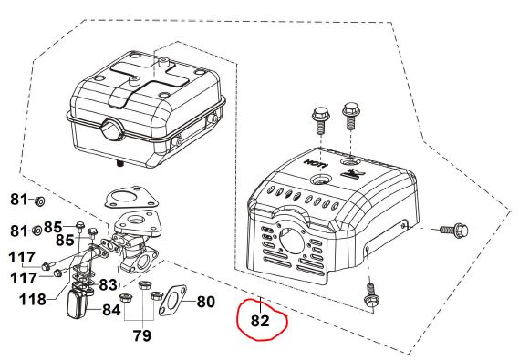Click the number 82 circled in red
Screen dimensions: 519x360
(260, 321)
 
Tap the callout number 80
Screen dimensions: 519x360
(206, 302)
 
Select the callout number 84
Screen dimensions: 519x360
(111, 310)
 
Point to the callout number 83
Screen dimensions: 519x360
(108, 284)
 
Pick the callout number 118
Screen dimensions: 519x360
(33, 300)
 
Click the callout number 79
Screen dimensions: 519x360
(142, 335)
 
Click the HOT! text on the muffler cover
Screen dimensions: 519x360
(317, 163)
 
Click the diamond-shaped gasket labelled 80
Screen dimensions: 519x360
(172, 301)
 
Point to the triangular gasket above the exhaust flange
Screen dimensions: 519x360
(131, 200)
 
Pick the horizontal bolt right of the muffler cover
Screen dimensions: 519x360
(453, 229)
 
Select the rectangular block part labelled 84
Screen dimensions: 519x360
(78, 303)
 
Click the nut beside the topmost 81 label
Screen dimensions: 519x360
(40, 201)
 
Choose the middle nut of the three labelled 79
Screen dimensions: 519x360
(143, 285)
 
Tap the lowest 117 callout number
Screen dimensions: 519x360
(23, 278)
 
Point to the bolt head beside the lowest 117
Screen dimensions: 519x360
(57, 273)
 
